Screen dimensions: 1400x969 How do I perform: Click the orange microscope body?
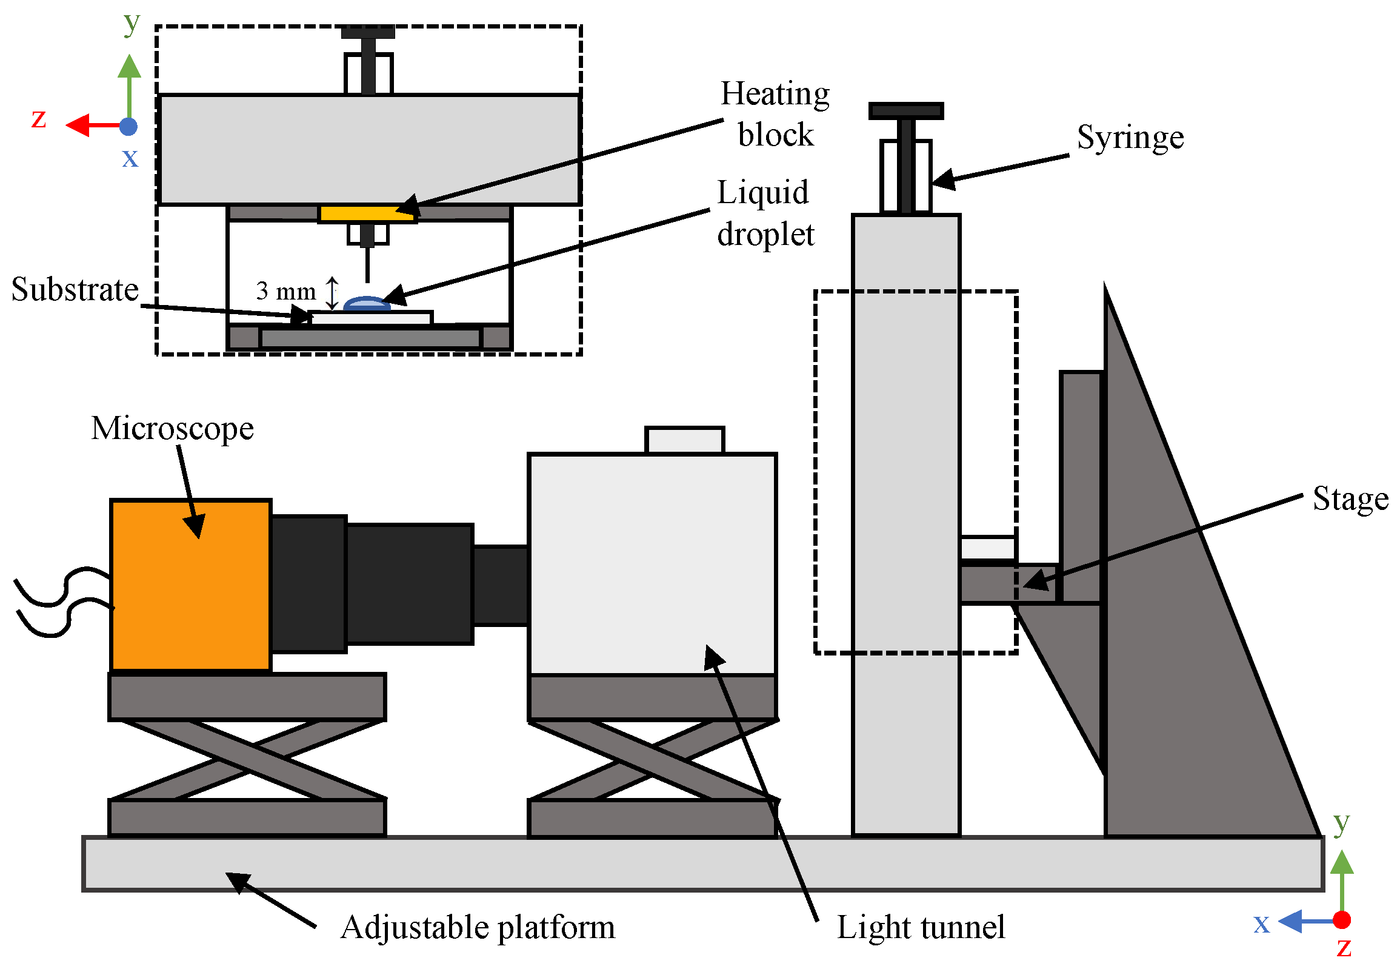click(x=190, y=585)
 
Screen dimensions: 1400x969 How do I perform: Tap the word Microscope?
click(x=172, y=429)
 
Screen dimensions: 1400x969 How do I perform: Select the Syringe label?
click(x=1130, y=138)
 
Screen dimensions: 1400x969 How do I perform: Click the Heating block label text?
click(x=775, y=114)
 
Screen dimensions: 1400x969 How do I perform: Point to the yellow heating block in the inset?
click(x=368, y=213)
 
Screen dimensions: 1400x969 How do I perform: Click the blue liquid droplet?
click(x=367, y=304)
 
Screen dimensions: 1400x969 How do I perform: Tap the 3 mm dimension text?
click(x=286, y=292)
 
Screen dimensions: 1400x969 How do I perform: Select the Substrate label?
click(x=75, y=290)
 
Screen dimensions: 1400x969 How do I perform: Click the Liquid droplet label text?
click(x=765, y=213)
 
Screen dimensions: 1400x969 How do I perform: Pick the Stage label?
click(x=1350, y=499)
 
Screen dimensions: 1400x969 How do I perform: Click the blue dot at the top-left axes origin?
click(x=128, y=126)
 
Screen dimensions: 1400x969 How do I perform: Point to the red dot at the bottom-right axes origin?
click(x=1342, y=920)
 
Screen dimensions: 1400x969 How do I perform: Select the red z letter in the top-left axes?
click(x=39, y=118)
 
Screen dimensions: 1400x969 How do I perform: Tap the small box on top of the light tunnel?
click(x=684, y=440)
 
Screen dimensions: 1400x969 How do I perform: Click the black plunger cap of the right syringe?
click(x=906, y=110)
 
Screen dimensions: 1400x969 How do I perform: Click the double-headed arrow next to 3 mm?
click(x=332, y=293)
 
